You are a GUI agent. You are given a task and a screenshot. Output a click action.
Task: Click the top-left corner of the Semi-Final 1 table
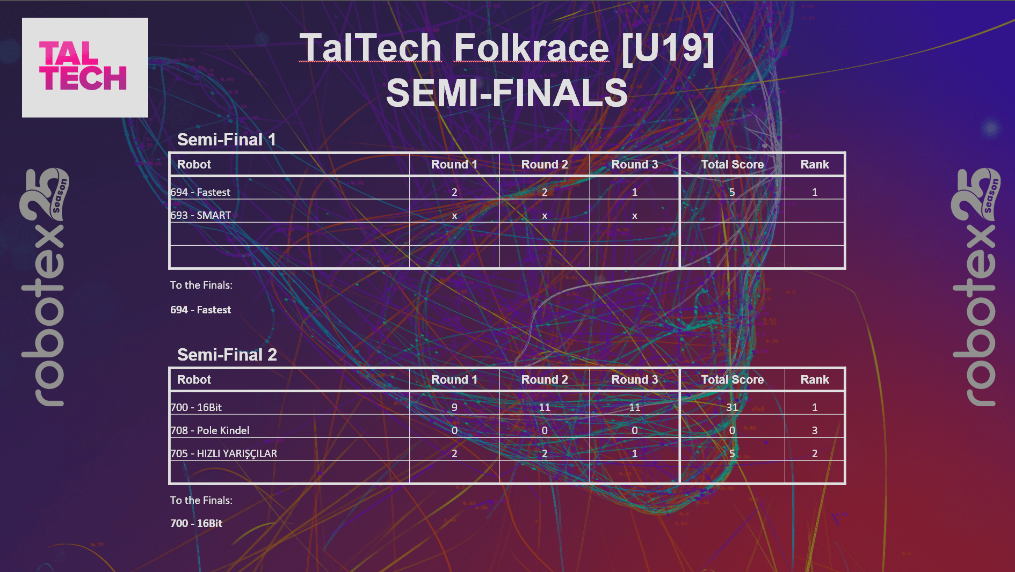pyautogui.click(x=169, y=153)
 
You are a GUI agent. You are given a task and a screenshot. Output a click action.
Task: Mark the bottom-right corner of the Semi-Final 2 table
pyautogui.click(x=845, y=483)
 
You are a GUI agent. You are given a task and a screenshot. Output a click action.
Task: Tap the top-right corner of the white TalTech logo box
pyautogui.click(x=148, y=18)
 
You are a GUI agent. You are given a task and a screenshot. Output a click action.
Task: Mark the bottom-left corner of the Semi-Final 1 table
pyautogui.click(x=169, y=268)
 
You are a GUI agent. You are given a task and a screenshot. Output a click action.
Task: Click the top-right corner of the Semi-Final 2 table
pyautogui.click(x=845, y=368)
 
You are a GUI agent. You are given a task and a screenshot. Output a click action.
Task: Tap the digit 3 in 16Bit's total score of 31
pyautogui.click(x=729, y=407)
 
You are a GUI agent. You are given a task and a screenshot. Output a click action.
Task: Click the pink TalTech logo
pyautogui.click(x=83, y=66)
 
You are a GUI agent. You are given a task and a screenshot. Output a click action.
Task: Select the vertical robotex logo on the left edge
pyautogui.click(x=45, y=287)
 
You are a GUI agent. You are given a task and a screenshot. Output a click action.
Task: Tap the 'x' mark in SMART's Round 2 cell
pyautogui.click(x=545, y=216)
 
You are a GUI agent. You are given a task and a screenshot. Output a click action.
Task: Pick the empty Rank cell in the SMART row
pyautogui.click(x=815, y=211)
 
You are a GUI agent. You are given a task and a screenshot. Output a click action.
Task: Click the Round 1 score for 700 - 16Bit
pyautogui.click(x=454, y=407)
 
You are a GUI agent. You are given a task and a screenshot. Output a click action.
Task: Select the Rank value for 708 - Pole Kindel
pyautogui.click(x=815, y=430)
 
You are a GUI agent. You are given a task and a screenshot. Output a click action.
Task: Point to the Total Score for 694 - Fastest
pyautogui.click(x=732, y=192)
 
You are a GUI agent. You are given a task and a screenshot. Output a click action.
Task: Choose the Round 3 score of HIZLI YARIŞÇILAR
pyautogui.click(x=635, y=453)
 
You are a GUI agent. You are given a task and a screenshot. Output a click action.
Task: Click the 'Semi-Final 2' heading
pyautogui.click(x=227, y=355)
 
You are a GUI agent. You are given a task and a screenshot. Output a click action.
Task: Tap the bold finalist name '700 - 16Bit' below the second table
pyautogui.click(x=196, y=523)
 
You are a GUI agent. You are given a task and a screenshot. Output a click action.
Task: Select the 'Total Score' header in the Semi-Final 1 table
pyautogui.click(x=733, y=165)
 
